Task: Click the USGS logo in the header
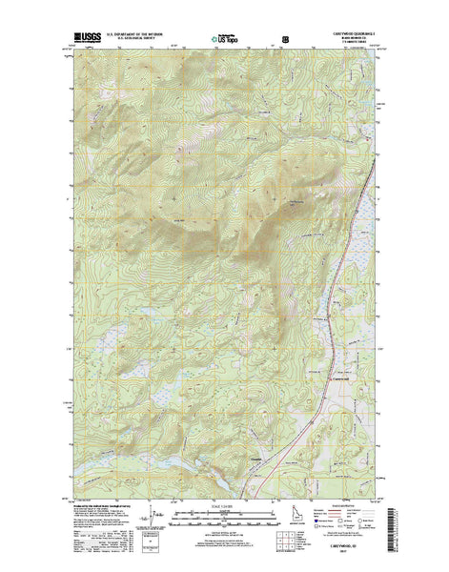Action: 84,40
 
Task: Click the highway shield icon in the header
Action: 285,40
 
